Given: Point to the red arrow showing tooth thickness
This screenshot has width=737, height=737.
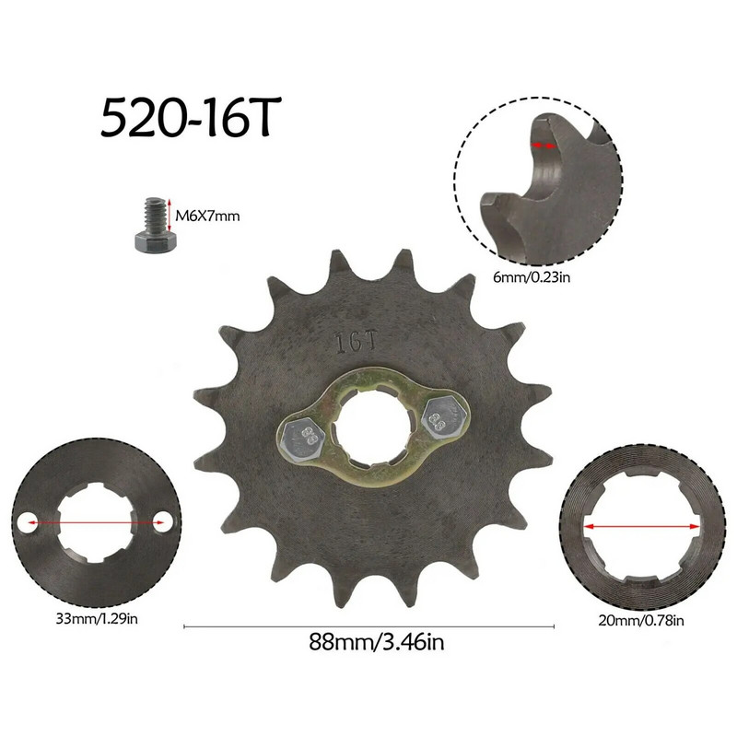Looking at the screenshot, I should coord(544,146).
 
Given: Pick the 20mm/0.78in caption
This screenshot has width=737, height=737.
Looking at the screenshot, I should coord(641,619).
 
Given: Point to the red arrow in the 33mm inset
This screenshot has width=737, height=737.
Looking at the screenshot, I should coord(97,522).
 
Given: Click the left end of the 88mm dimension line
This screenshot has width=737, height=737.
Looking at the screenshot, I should coord(185,627).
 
